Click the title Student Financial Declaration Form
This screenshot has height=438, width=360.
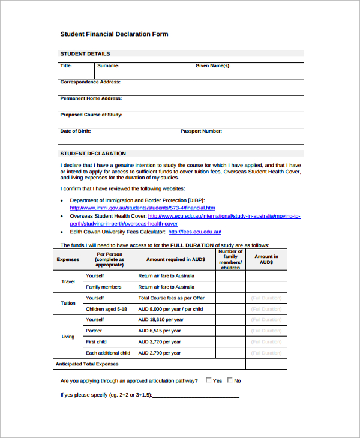tap(114, 34)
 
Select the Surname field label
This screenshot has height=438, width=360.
tap(108, 65)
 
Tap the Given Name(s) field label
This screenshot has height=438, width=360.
tap(213, 65)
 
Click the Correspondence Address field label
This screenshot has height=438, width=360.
tap(90, 82)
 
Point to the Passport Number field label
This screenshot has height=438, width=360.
tap(201, 131)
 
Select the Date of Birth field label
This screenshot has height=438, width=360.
tap(76, 131)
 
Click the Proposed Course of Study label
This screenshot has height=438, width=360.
tap(91, 115)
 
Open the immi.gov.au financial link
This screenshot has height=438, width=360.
tap(142, 208)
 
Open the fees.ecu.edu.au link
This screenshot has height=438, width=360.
tap(195, 232)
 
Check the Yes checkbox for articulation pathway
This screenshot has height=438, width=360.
tap(209, 380)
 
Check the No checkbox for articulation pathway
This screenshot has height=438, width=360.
tap(229, 380)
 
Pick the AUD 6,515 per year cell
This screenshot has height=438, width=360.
tap(159, 331)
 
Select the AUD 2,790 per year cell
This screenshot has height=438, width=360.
tap(159, 353)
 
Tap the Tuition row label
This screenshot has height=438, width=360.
tap(68, 303)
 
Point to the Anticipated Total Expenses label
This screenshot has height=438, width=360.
tap(87, 364)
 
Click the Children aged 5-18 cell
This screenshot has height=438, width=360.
tap(106, 308)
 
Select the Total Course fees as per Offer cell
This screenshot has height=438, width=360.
tap(172, 298)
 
